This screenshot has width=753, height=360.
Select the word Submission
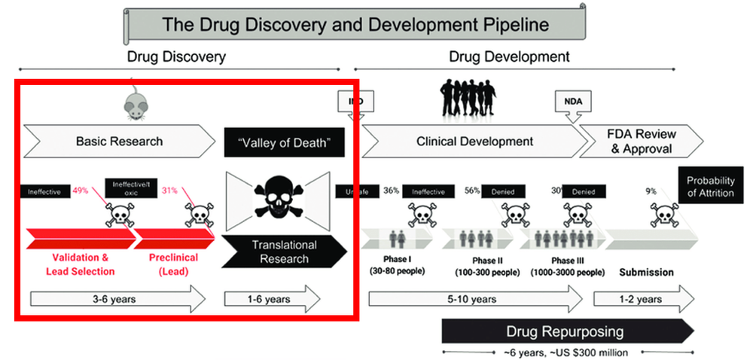(x=646, y=272)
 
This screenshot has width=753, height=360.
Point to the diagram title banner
(x=356, y=25)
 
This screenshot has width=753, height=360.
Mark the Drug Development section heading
(x=509, y=56)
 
